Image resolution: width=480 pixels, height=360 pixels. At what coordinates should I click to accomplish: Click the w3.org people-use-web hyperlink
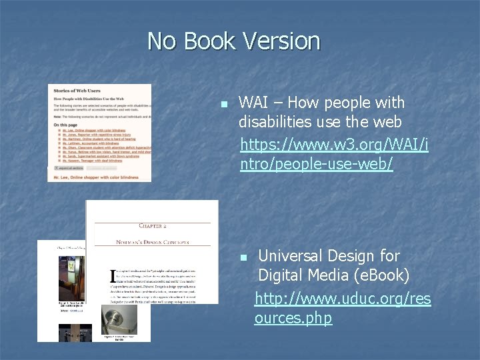click(x=333, y=154)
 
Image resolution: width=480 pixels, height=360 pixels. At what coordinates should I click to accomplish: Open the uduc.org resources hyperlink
click(x=343, y=308)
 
